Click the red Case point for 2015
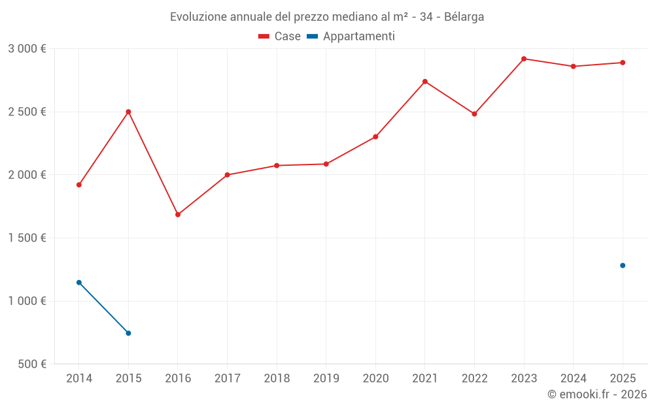128,112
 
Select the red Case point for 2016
178,215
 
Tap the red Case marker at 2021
425,82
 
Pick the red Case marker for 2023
524,59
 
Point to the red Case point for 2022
474,114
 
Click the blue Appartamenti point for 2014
79,283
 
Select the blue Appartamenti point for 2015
128,333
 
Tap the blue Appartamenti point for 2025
623,266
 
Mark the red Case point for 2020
375,137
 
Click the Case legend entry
280,37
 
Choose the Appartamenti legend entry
351,37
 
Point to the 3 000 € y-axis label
27,49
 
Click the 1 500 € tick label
27,238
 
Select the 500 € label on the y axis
31,364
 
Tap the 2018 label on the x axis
277,379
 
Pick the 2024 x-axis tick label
573,379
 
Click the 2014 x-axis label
79,379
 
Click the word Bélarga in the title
464,17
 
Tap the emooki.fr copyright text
597,394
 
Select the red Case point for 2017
227,175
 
